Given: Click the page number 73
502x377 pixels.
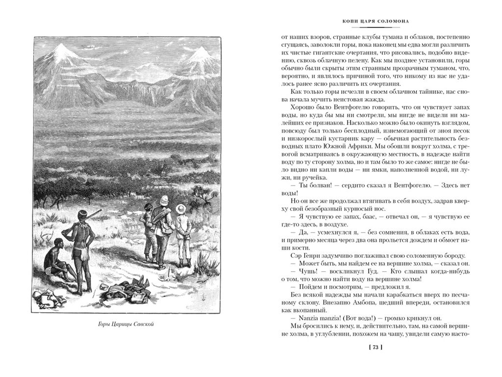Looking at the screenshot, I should tap(375, 348).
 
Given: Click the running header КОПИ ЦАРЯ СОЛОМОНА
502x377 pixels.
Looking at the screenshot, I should tap(375, 21).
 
